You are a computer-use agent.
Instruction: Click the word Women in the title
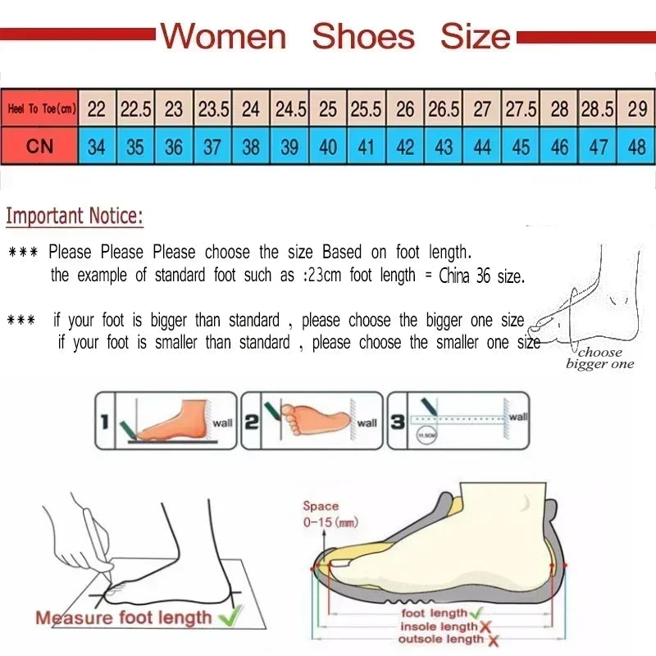[223, 37]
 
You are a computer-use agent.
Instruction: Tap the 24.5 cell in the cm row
[290, 109]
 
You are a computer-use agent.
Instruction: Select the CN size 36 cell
[174, 148]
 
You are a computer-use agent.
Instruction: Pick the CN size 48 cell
[636, 148]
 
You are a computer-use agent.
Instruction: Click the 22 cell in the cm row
[97, 109]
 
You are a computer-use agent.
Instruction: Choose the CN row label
[39, 148]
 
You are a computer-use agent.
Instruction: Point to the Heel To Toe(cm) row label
[40, 109]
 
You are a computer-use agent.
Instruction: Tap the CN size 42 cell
[405, 148]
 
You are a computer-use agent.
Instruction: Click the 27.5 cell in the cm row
[521, 109]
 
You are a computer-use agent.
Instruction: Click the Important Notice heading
[75, 217]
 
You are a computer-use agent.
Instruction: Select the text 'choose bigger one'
[600, 358]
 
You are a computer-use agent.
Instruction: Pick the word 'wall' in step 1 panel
[222, 423]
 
